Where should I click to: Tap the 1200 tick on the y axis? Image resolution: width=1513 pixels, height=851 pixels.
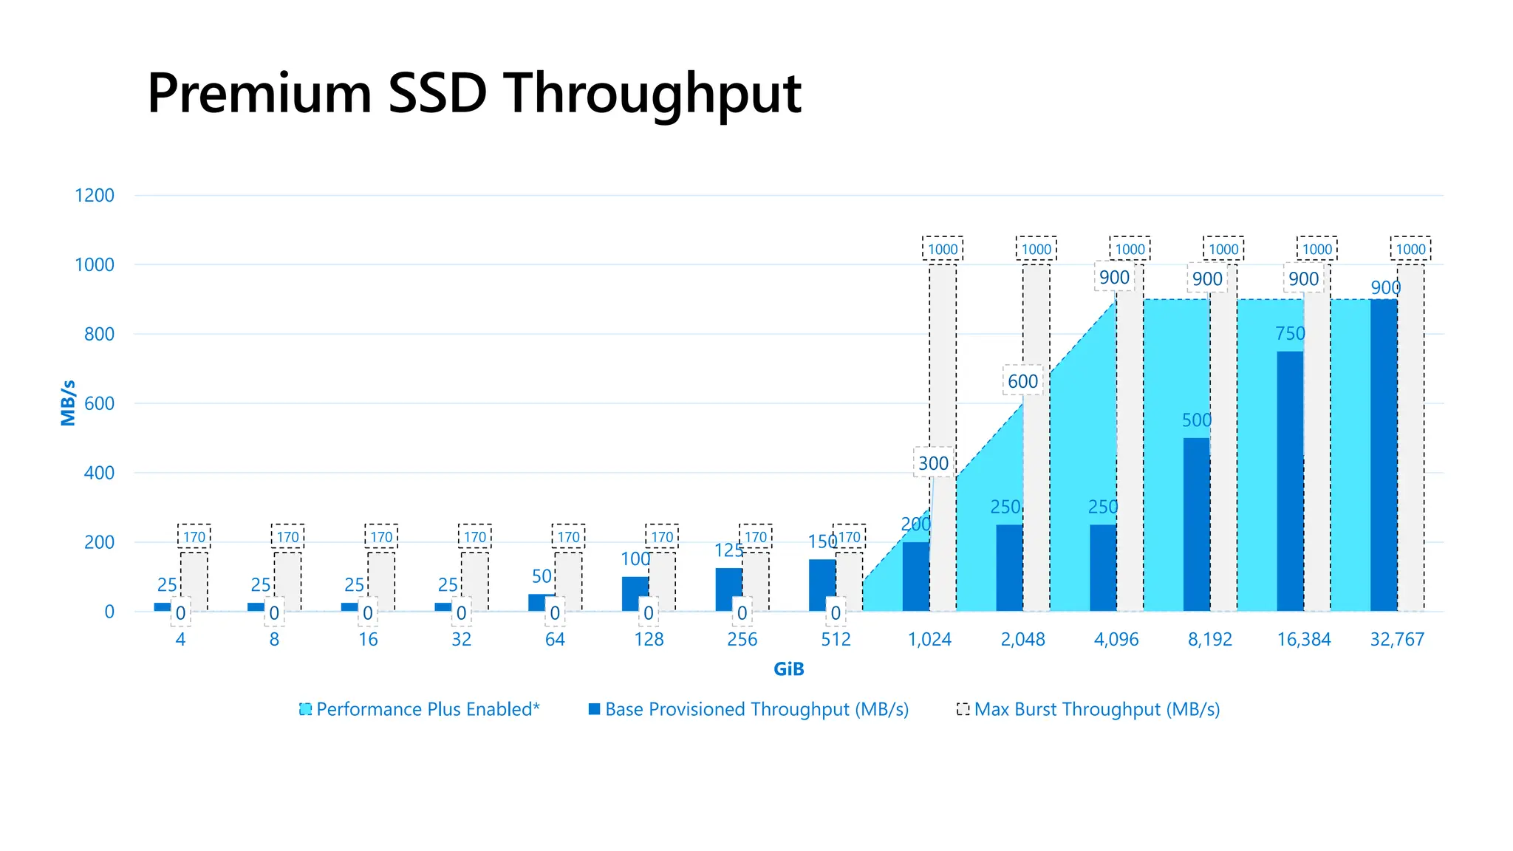coord(95,196)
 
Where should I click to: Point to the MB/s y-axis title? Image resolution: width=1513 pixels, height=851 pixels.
coord(68,403)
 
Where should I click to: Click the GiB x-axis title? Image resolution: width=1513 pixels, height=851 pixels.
coord(788,669)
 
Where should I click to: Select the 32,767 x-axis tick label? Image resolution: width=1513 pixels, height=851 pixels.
coord(1397,640)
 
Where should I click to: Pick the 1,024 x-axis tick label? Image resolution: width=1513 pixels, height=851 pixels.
coord(929,640)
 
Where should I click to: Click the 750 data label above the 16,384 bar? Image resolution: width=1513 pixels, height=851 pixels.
coord(1290,334)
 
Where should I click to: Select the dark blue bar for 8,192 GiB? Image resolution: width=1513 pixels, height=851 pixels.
coord(1196,524)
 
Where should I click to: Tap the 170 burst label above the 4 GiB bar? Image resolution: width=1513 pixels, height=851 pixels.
coord(194,537)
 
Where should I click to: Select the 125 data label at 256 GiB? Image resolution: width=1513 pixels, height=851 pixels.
coord(728,551)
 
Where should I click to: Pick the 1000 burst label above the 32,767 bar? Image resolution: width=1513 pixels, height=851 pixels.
coord(1410,250)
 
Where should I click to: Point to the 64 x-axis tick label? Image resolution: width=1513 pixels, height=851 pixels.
coord(555,640)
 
